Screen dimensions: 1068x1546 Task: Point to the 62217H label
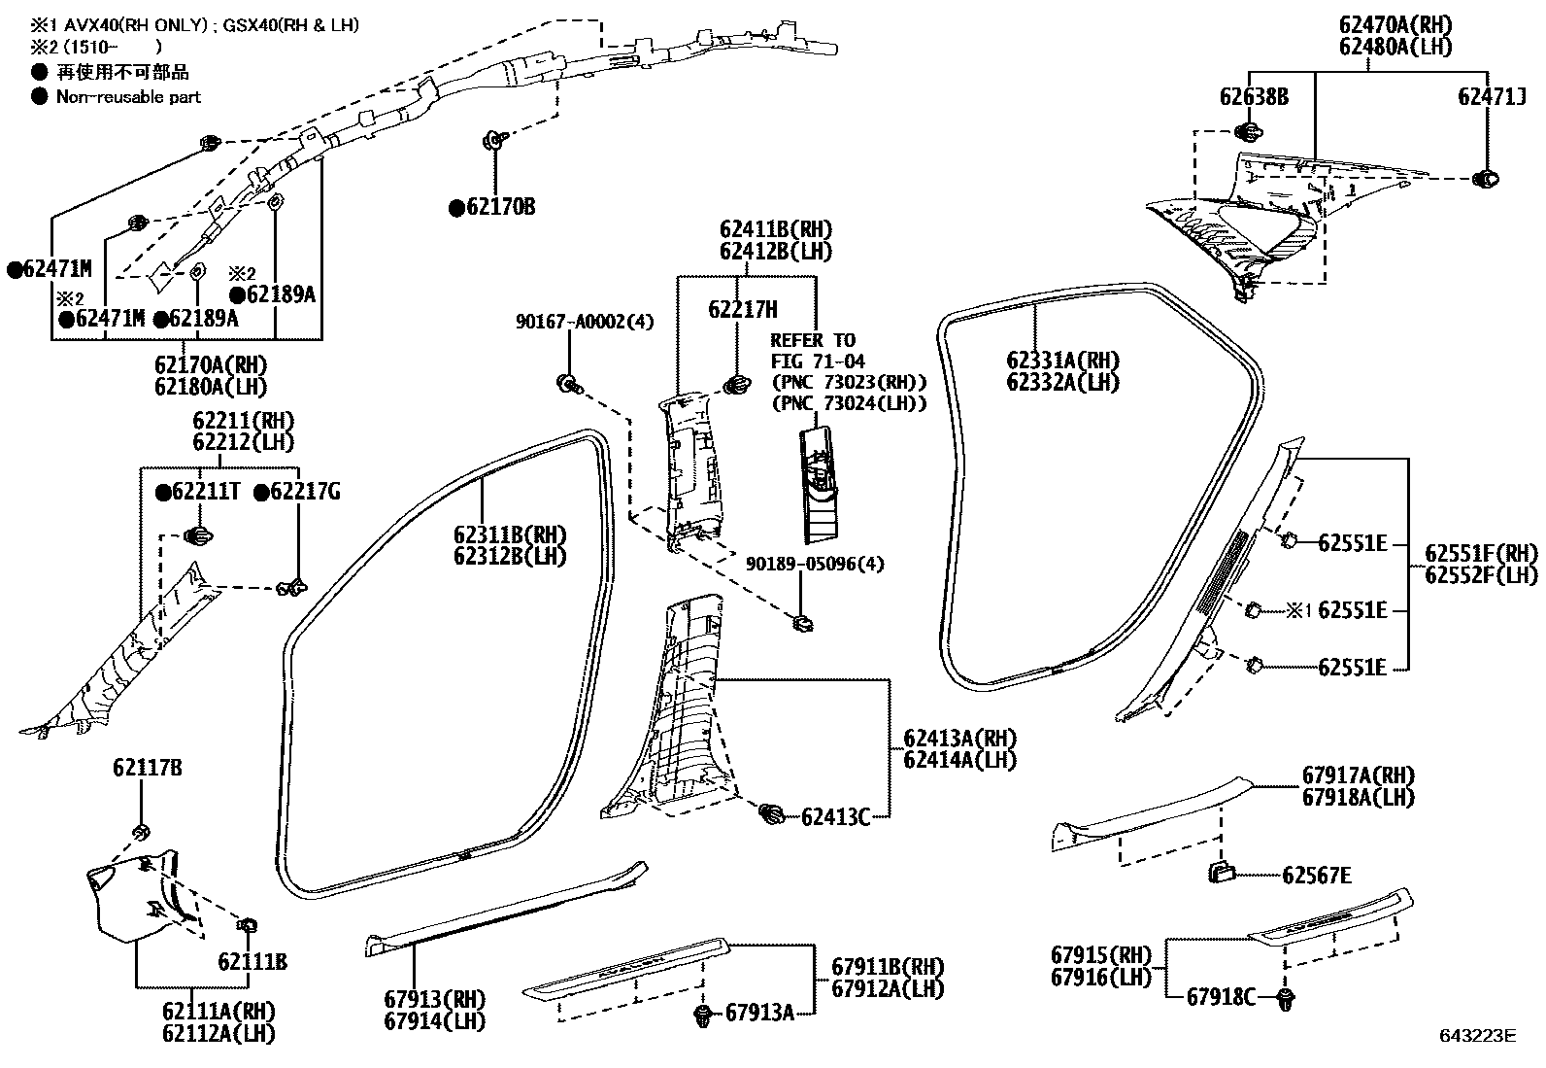[743, 310]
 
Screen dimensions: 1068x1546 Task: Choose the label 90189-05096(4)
[815, 565]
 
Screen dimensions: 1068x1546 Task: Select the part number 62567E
[1316, 876]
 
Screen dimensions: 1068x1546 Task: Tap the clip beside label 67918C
[1287, 999]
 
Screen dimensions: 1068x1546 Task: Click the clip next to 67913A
[703, 1016]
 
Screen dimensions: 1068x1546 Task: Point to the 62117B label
[147, 769]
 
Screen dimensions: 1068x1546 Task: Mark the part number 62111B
[252, 962]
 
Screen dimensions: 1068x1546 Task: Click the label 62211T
[205, 493]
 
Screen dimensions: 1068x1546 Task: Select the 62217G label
[304, 493]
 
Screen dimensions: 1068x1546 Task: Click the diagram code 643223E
[1477, 1036]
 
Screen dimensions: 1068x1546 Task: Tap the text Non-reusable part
[128, 96]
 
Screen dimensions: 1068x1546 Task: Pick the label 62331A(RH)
[1062, 361]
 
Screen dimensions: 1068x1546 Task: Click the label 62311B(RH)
[510, 535]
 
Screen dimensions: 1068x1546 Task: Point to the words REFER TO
[813, 340]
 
